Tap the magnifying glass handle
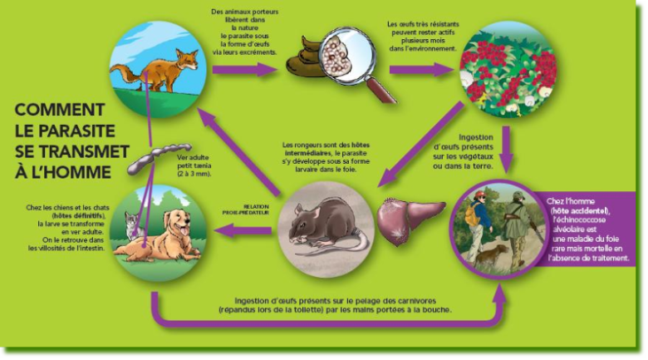pos(381,91)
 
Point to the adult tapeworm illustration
pos(159,158)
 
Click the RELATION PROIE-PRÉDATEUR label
pos(246,210)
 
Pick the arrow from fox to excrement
pos(243,69)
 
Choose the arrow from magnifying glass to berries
pos(421,69)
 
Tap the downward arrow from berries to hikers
pos(507,149)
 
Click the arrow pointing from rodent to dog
pos(243,230)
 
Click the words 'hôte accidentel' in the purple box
pos(581,210)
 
